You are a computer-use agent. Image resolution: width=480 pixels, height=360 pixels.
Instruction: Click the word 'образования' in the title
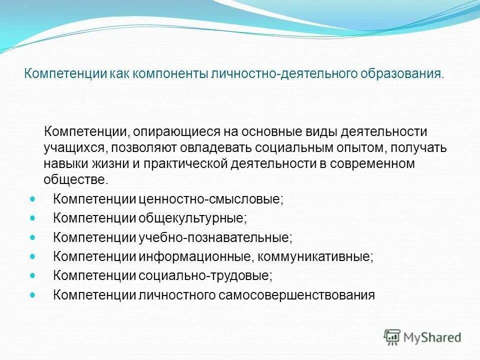pos(401,74)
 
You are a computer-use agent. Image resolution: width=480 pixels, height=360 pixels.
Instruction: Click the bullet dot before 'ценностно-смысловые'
pos(33,198)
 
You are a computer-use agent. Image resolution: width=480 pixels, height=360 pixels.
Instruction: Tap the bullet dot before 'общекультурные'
pos(33,217)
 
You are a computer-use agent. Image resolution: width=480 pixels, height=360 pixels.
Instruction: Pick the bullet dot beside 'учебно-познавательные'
pos(33,237)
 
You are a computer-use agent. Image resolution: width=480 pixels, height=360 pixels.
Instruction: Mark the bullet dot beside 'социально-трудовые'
pos(33,275)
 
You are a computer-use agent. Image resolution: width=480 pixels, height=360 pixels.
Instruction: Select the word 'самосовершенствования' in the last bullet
pos(296,295)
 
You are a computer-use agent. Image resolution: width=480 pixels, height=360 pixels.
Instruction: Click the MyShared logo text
pos(432,337)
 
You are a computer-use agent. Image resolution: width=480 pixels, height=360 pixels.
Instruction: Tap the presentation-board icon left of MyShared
pos(392,337)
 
